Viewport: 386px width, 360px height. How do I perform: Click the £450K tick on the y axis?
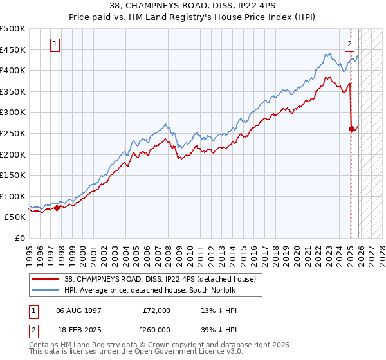click(x=13, y=50)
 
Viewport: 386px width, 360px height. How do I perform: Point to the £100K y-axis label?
click(x=13, y=196)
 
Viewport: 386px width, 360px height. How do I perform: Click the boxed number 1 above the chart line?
click(x=56, y=44)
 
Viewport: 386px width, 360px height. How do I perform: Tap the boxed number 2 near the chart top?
click(x=349, y=44)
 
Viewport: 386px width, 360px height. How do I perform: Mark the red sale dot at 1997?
click(x=57, y=208)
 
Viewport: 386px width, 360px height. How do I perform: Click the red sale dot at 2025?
click(x=351, y=129)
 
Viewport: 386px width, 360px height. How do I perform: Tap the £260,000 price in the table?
click(x=156, y=328)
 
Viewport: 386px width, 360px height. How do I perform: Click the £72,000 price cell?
click(x=156, y=310)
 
